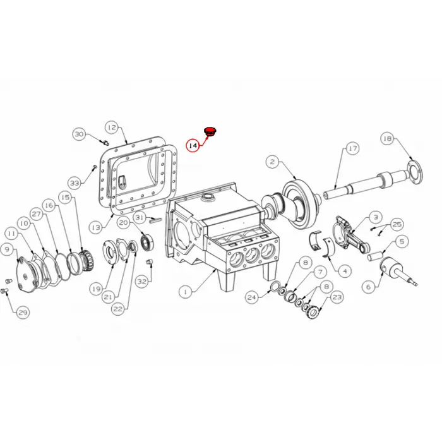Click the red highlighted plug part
coord(209,131)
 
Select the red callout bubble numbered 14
coord(193,145)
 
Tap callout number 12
coord(112,128)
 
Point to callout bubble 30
coord(79,134)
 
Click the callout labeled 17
coord(352,148)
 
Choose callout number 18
coord(388,139)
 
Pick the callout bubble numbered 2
coord(272,162)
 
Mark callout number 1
coord(186,292)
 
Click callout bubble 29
coord(23,313)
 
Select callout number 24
coord(252,297)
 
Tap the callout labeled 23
coord(337,297)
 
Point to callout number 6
coord(369,287)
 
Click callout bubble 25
coord(397,224)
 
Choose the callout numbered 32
coord(142,282)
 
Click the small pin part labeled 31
coord(155,220)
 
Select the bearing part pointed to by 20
coord(147,242)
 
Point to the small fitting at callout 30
coord(105,142)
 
